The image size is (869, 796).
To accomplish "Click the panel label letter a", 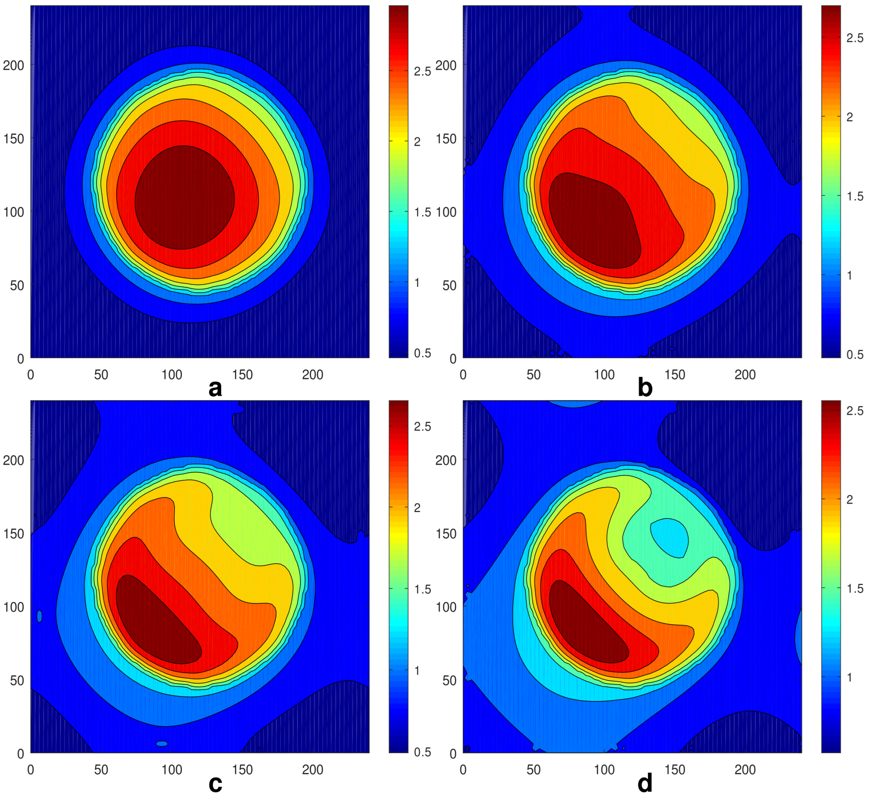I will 215,388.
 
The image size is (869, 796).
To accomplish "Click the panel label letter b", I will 645,388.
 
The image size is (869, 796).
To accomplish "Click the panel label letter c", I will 215,784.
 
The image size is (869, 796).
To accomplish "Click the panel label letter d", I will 645,784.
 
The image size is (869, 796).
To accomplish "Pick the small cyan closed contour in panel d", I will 669,537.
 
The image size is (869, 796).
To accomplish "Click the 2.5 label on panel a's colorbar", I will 422,72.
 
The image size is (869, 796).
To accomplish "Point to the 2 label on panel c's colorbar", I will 417,508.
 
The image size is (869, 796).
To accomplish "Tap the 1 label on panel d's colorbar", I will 850,677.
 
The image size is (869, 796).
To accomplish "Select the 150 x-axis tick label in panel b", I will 675,375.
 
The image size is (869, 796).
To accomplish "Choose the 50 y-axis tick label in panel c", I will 17,681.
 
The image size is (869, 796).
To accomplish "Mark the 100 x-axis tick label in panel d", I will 604,770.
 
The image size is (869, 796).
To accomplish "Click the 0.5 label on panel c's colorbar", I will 422,752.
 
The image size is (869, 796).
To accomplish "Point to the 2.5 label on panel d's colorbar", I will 855,411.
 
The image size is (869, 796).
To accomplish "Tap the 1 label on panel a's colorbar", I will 417,283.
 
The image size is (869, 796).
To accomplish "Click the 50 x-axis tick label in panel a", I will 101,375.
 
